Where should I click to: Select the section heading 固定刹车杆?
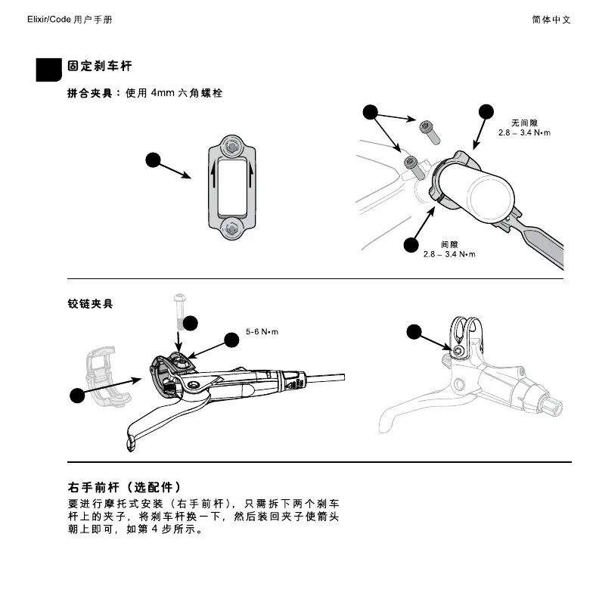click(100, 67)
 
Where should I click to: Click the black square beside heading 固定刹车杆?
click(49, 69)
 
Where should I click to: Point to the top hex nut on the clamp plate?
click(233, 144)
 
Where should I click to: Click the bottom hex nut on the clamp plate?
click(233, 225)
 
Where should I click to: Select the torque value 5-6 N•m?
click(262, 332)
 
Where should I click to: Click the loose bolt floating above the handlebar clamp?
click(429, 130)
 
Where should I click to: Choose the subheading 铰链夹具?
click(91, 304)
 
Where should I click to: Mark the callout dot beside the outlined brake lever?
click(414, 331)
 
